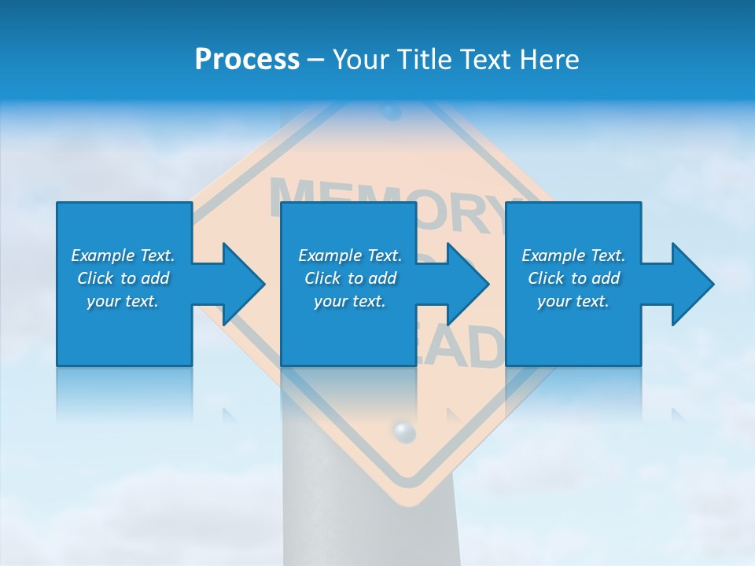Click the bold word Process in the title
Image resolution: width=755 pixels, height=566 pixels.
247,60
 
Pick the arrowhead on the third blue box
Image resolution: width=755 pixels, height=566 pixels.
689,284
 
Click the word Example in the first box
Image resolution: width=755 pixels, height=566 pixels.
102,255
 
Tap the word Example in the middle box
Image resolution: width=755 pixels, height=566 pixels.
330,255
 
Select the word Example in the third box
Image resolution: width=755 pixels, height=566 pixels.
553,255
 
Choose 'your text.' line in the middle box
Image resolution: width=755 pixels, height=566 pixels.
349,301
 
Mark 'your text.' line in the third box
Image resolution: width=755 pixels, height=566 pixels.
573,301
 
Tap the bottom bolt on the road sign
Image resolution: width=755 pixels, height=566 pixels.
403,431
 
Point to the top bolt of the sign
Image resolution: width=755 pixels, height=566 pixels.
391,112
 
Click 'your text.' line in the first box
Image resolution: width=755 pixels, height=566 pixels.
122,301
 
